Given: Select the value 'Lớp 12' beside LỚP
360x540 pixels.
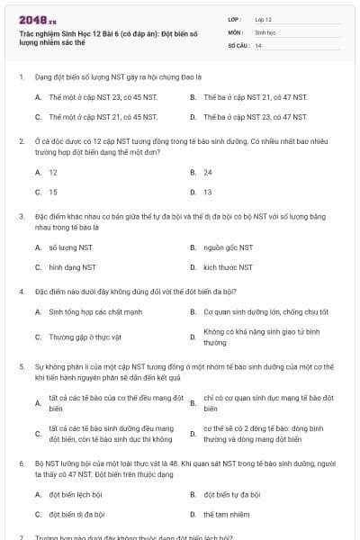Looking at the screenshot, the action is [263, 19].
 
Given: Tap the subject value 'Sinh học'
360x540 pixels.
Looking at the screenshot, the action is [265, 31].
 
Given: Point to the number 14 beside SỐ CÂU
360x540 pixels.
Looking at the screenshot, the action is [258, 44].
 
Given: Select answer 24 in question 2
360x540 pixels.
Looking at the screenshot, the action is [208, 171].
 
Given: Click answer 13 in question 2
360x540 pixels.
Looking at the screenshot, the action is [208, 192].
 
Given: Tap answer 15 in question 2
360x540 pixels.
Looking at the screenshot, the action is [53, 192].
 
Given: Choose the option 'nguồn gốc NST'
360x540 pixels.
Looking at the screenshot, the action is [228, 247].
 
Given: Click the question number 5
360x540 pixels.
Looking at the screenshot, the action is [21, 367].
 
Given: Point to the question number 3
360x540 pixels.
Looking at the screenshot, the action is [21, 217].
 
